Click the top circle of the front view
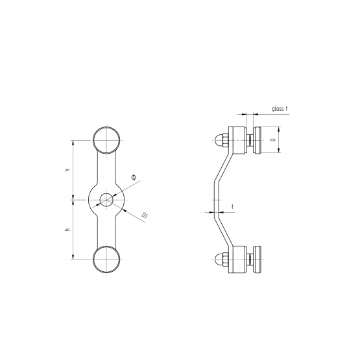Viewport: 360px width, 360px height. [x=106, y=126]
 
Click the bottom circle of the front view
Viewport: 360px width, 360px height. [x=106, y=246]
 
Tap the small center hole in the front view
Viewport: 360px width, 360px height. [x=106, y=200]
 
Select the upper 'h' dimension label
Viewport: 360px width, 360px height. [x=67, y=170]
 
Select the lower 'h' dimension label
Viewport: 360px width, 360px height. [x=67, y=230]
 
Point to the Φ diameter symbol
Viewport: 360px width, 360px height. [x=134, y=177]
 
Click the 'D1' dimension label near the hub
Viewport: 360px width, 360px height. [x=145, y=215]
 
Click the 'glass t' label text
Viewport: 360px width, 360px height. [x=280, y=108]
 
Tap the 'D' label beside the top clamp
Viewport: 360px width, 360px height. [x=272, y=139]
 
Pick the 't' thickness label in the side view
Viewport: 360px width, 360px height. [x=233, y=207]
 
